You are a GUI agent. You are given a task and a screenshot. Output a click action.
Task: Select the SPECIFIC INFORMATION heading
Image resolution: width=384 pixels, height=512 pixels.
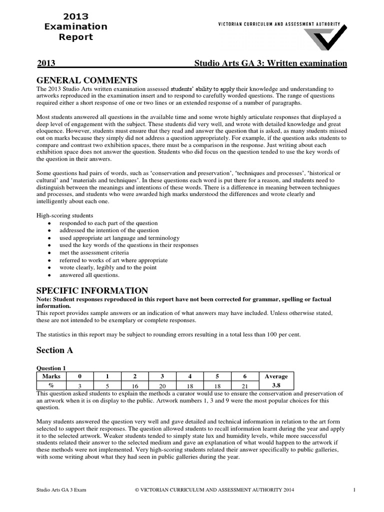point(92,290)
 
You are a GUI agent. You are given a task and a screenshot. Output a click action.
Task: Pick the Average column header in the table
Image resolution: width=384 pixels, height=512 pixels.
point(276,376)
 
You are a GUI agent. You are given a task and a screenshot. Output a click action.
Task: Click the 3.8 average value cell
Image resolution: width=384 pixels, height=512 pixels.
point(276,385)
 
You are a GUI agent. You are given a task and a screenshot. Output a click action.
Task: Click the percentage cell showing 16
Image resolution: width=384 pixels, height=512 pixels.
point(134,386)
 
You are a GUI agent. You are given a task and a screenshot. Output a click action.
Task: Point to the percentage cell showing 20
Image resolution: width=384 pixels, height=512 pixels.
point(162,386)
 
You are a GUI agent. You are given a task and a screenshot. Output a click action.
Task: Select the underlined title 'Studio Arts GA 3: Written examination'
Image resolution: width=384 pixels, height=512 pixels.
point(270,63)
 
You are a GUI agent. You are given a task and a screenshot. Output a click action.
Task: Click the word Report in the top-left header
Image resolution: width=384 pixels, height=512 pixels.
point(76,37)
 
